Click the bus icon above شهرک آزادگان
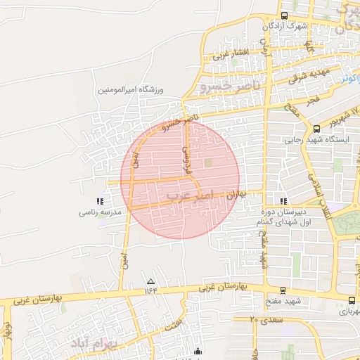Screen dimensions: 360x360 [x=284, y=15]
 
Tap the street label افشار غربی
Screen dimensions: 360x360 [x=232, y=53]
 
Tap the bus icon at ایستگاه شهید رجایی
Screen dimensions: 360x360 [x=316, y=129]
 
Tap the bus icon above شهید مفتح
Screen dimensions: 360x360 [x=283, y=290]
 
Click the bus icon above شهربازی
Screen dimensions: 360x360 [x=352, y=300]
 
